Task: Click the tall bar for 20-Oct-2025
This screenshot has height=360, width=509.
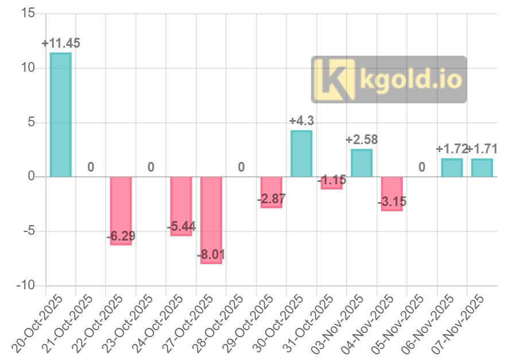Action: coord(60,115)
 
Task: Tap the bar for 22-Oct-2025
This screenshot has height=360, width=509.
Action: coord(121,211)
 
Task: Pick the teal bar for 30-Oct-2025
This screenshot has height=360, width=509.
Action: coord(301,154)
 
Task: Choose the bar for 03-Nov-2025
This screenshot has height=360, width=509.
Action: coord(362,163)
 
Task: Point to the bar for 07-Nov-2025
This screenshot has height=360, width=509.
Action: coord(482,168)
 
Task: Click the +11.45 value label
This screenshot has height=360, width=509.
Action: coord(61,43)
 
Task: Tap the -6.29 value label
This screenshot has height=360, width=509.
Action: coord(121,236)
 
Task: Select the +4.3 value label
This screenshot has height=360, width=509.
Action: coord(301,121)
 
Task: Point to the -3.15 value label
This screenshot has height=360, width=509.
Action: coord(392,202)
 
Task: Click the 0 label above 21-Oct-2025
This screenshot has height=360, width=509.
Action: coord(91,167)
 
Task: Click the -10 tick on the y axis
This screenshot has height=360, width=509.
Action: coord(25,286)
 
